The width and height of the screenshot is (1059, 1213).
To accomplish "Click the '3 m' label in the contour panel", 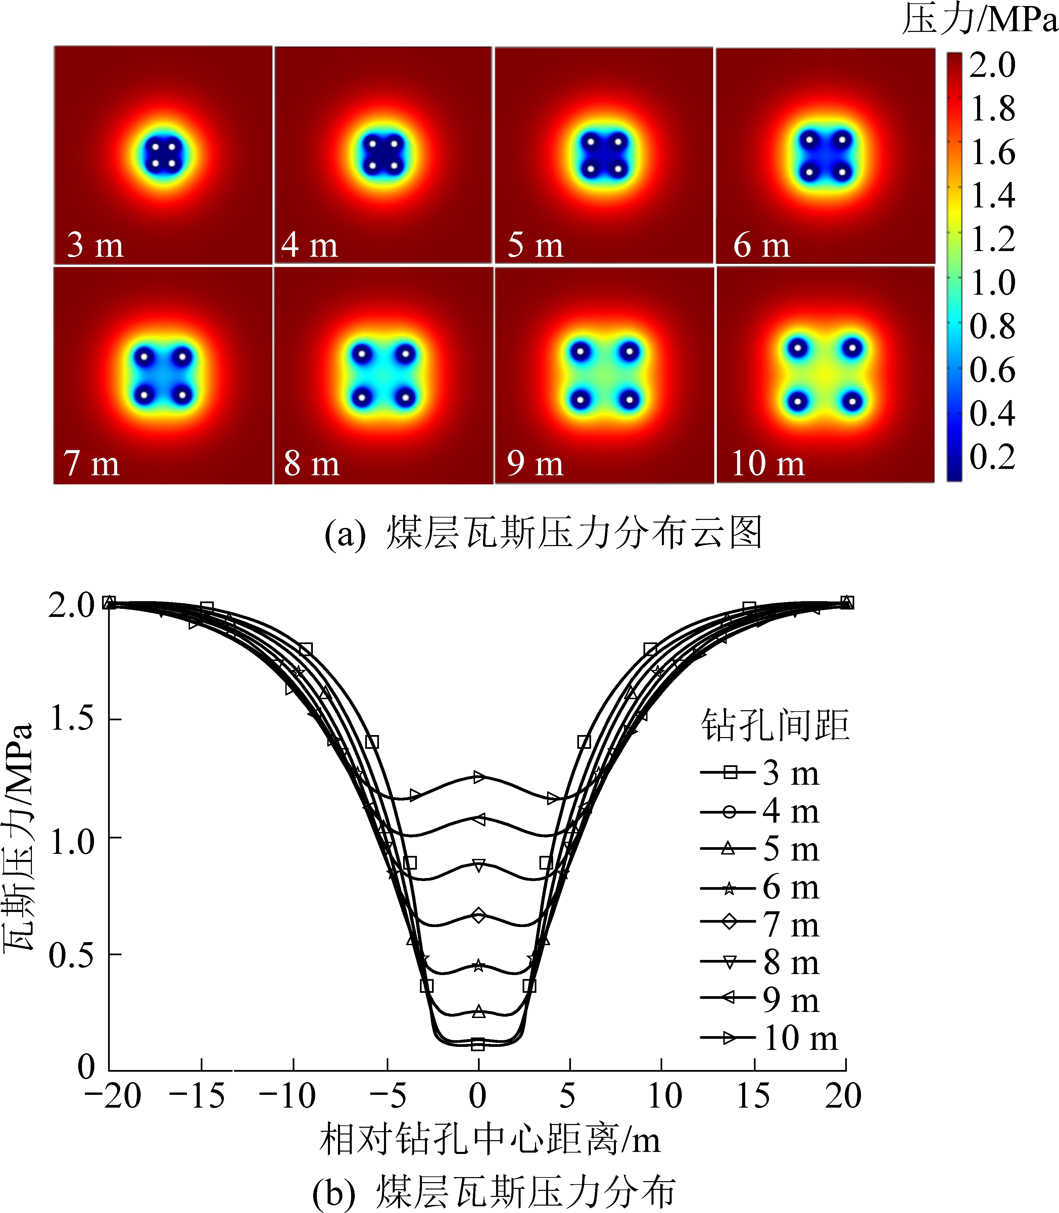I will (95, 245).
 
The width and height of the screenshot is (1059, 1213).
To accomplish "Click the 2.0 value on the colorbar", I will (992, 65).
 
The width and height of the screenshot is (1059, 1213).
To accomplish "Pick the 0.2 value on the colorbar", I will (992, 457).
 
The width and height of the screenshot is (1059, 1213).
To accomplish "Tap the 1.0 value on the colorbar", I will (992, 282).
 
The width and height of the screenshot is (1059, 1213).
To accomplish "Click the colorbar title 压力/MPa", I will (979, 19).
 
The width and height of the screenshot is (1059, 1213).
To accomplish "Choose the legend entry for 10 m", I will (768, 1038).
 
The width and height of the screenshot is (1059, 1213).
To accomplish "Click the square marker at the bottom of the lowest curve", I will (478, 1045).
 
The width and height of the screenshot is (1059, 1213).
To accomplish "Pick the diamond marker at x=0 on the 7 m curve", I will (479, 916).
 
